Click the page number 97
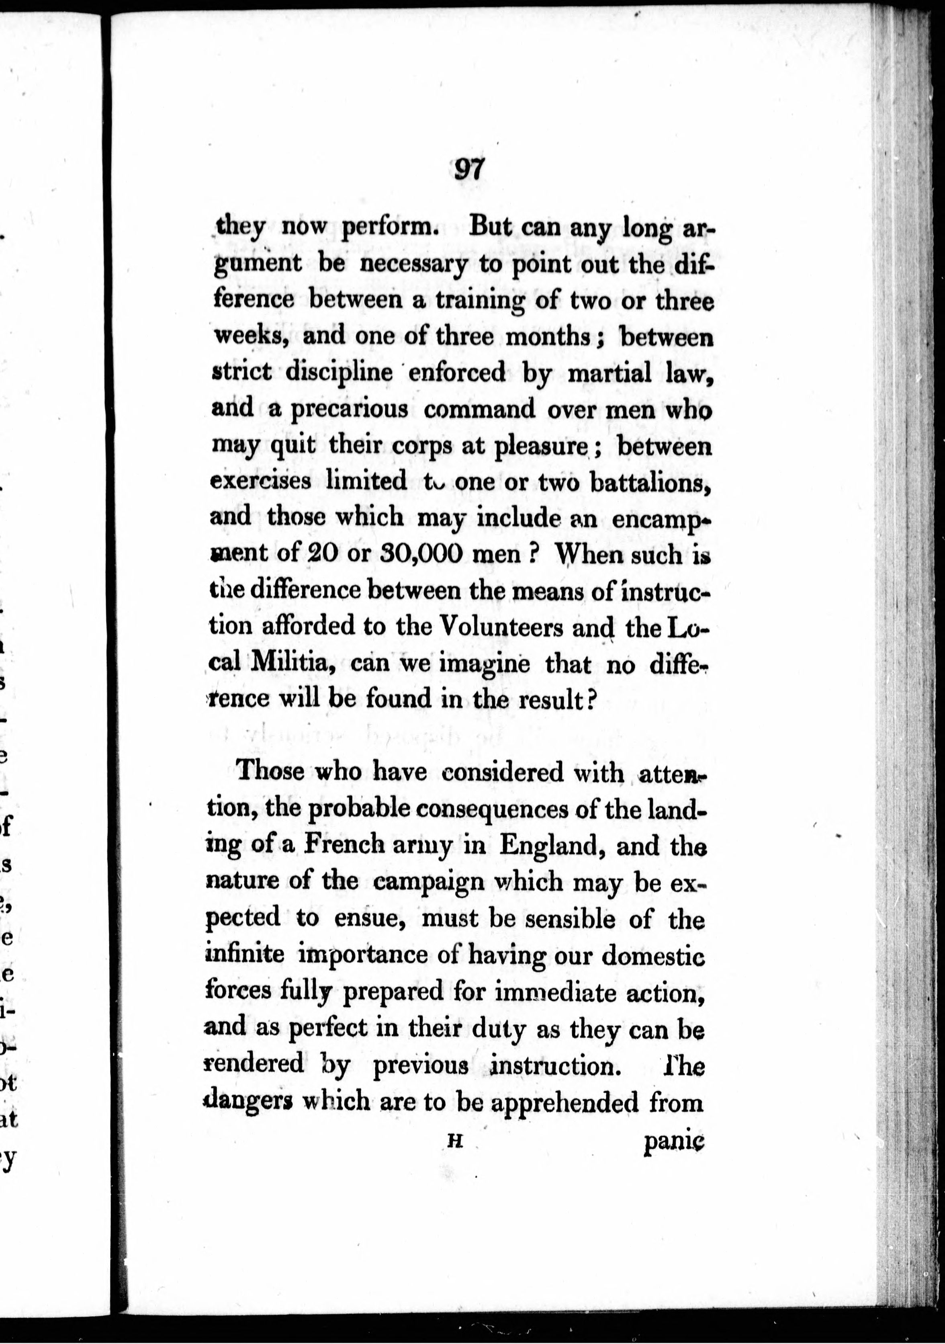(x=469, y=170)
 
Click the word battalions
(x=650, y=482)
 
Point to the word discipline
(x=339, y=372)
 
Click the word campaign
(x=428, y=883)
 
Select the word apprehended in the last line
(x=564, y=1103)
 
